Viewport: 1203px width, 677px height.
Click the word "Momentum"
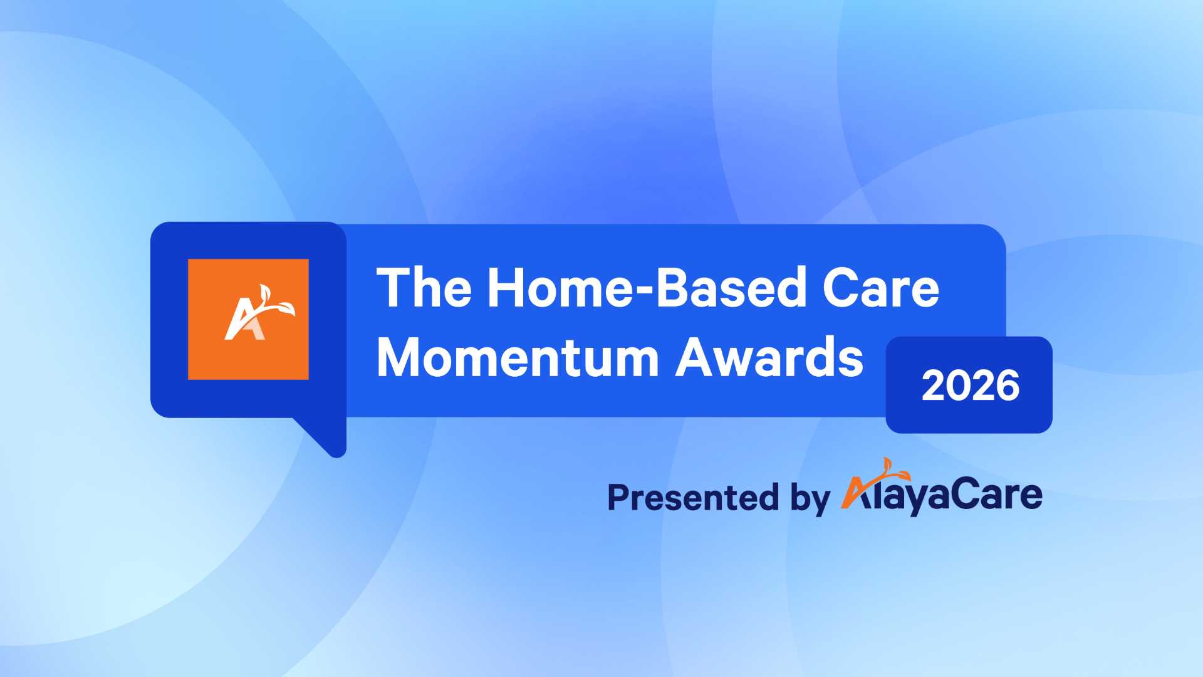click(518, 358)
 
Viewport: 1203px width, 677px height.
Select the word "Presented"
click(693, 498)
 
